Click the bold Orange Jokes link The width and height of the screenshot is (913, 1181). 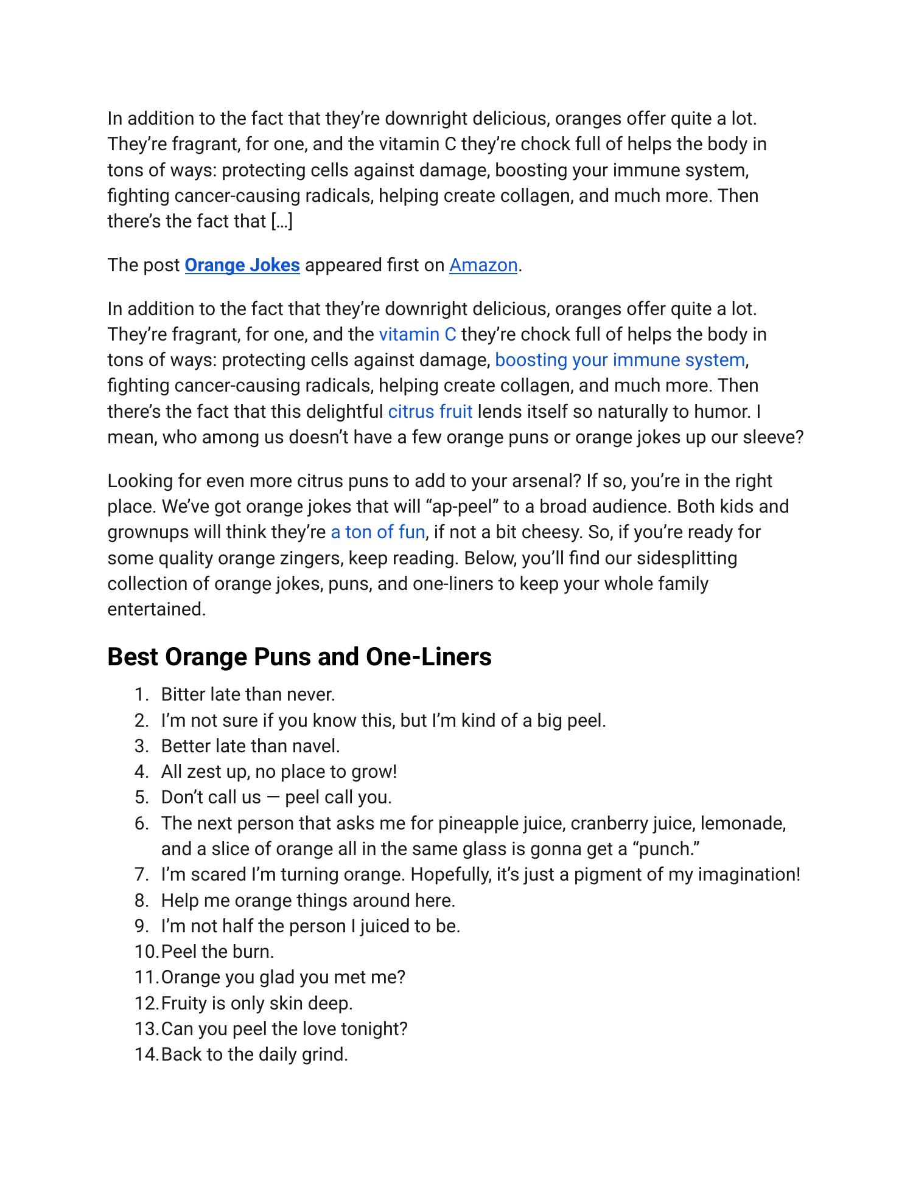tap(242, 265)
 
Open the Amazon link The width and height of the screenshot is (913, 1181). tap(483, 265)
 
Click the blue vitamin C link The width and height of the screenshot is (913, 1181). tap(417, 334)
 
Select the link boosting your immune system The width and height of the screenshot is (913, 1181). tap(620, 360)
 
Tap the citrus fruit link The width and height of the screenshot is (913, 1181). tap(430, 412)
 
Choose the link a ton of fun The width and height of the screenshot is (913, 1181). tap(377, 532)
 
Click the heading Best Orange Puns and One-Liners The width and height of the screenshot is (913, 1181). tap(299, 657)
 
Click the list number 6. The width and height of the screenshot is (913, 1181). tap(141, 823)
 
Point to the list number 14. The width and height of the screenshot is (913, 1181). tap(146, 1054)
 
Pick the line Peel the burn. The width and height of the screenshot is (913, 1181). tap(217, 952)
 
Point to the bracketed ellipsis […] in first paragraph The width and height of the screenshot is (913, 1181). tap(281, 221)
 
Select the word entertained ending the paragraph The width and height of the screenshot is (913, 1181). tap(156, 609)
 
